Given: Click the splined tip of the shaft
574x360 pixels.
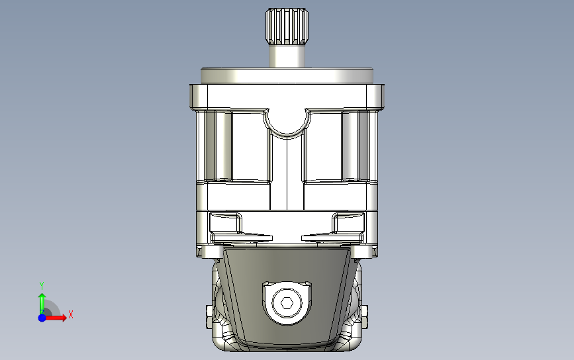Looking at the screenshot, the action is pyautogui.click(x=287, y=26).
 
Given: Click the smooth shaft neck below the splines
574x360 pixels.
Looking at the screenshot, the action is pyautogui.click(x=287, y=56).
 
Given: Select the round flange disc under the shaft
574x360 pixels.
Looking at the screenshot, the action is pyautogui.click(x=287, y=75).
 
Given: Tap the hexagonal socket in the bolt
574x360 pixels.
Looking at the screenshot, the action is pyautogui.click(x=287, y=303).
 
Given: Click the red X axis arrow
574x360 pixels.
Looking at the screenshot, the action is pyautogui.click(x=55, y=317).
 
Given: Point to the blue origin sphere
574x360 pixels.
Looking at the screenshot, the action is pyautogui.click(x=42, y=318).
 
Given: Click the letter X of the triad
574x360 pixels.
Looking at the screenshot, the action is pyautogui.click(x=71, y=314).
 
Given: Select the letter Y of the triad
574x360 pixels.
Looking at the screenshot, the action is pyautogui.click(x=42, y=285).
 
